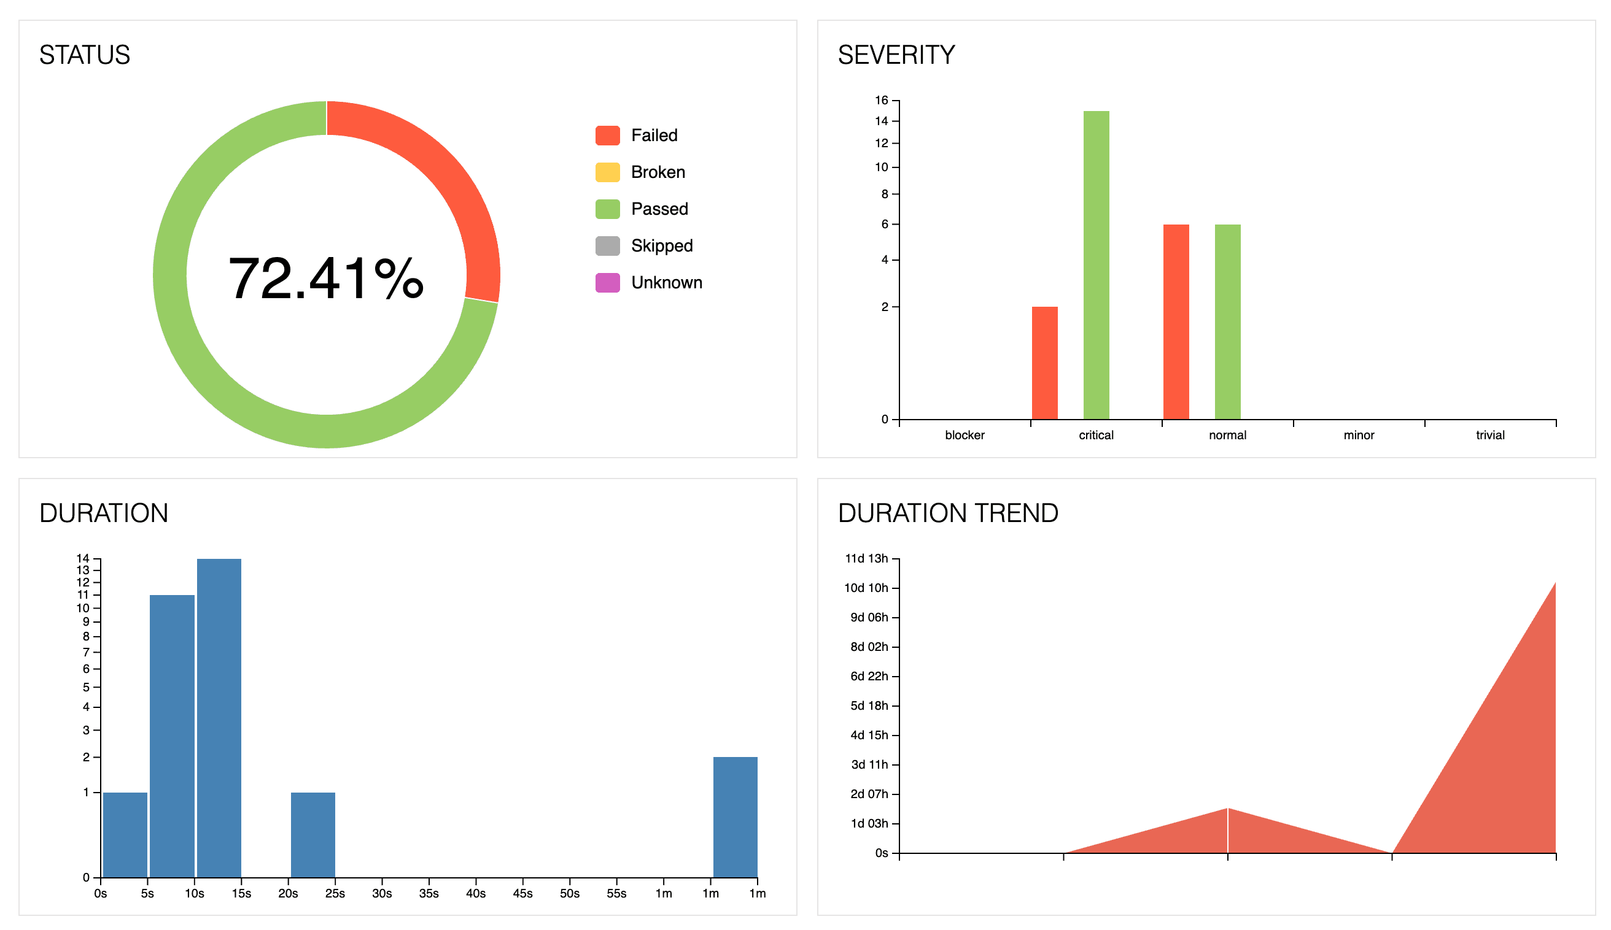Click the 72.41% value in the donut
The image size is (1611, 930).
326,278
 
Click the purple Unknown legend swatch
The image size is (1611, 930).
607,282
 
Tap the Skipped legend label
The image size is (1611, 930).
661,246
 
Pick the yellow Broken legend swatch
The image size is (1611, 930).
607,172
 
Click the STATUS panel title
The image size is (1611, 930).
84,55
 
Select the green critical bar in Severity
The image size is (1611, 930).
1096,265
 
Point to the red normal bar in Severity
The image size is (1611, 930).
1176,322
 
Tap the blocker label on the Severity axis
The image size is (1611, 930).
965,435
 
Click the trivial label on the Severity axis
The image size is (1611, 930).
1489,435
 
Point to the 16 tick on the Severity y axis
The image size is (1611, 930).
882,100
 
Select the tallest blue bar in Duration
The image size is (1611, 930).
219,718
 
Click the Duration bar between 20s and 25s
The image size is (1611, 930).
312,835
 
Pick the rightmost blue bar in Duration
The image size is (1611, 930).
735,817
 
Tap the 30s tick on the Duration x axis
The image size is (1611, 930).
381,893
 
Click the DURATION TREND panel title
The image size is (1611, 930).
948,513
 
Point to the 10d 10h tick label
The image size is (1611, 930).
866,588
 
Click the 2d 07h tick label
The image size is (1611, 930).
869,794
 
